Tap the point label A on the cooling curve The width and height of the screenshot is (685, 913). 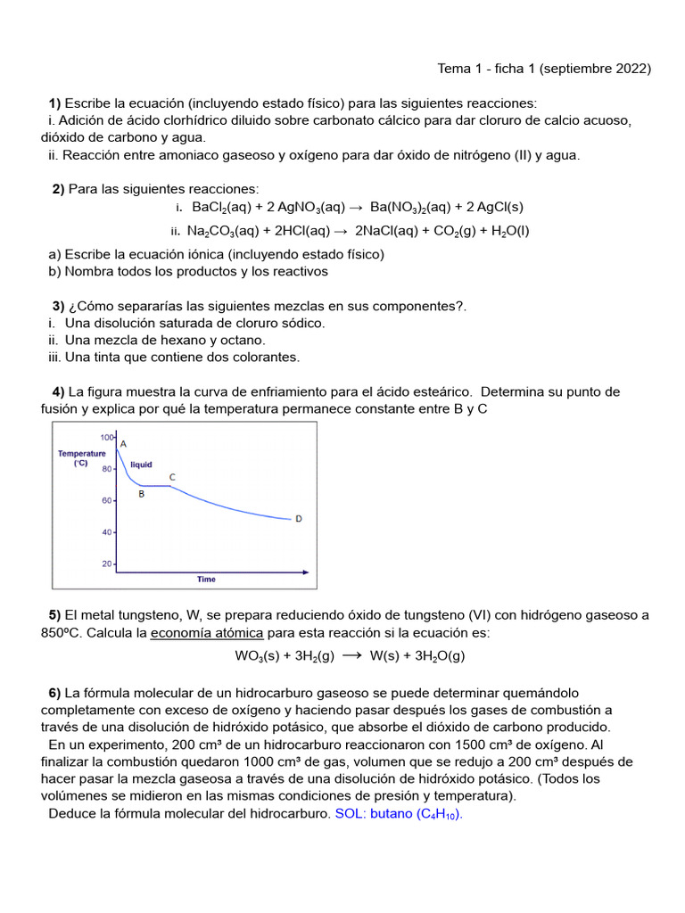click(123, 443)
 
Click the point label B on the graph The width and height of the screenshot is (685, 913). click(141, 494)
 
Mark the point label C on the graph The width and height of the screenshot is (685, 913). click(172, 477)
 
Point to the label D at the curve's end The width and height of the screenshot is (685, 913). click(298, 518)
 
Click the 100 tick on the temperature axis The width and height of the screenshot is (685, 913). click(107, 437)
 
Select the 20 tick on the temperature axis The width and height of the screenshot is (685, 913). click(108, 563)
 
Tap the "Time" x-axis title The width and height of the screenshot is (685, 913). click(206, 580)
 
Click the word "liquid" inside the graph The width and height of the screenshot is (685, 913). click(141, 465)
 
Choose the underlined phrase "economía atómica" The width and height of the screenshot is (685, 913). click(207, 632)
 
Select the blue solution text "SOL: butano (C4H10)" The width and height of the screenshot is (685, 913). click(399, 813)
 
